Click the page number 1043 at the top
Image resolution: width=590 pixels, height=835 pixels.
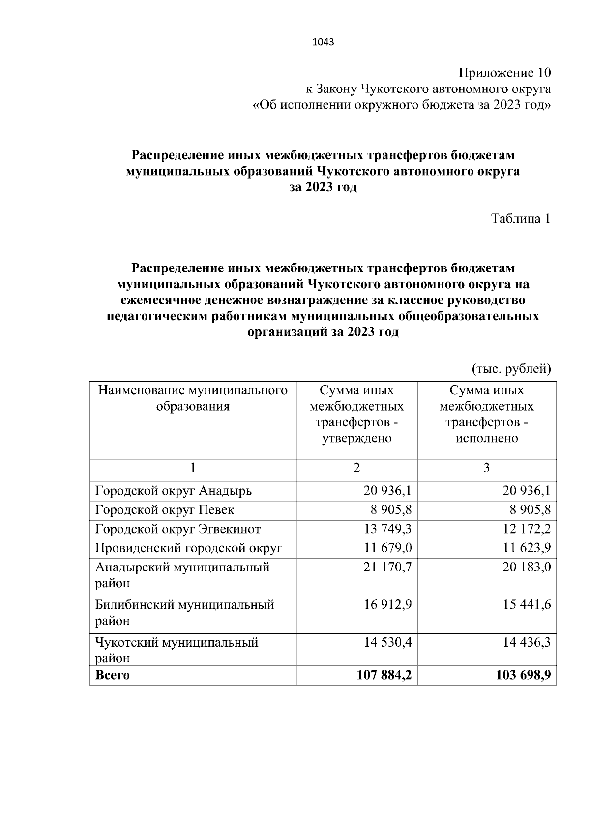click(x=323, y=42)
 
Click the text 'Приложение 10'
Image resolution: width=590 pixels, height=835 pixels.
click(x=504, y=73)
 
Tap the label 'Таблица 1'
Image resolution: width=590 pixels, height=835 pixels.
click(x=521, y=219)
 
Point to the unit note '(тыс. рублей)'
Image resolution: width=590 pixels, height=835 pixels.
click(x=511, y=368)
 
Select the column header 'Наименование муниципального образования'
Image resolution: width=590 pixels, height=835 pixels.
click(x=193, y=398)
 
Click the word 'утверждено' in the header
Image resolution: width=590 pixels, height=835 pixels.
click(x=356, y=438)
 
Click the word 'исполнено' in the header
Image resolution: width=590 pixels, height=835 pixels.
click(x=486, y=438)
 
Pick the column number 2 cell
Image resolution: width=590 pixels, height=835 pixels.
click(x=356, y=468)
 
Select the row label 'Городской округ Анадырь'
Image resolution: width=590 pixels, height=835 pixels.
click(x=173, y=491)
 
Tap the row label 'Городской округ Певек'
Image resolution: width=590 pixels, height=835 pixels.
click(x=164, y=510)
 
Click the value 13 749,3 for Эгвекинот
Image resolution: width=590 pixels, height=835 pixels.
click(x=388, y=529)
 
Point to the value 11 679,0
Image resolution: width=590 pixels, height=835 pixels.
click(x=388, y=548)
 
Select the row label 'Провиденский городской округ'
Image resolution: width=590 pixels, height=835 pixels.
click(x=188, y=548)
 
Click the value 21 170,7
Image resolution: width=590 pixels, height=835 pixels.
click(x=388, y=567)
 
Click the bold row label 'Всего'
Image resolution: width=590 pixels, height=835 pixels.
click(x=112, y=675)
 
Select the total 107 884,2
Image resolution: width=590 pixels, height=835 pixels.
click(x=384, y=675)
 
